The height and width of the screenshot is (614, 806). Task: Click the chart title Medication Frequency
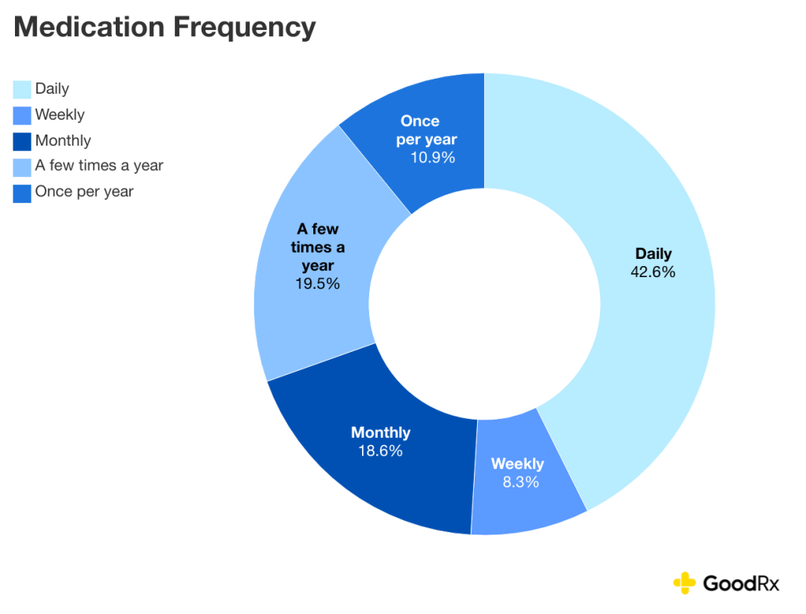click(x=165, y=28)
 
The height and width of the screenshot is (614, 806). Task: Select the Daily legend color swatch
click(x=22, y=89)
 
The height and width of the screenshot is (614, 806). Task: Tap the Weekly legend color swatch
click(x=22, y=115)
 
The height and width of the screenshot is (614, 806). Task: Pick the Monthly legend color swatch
click(x=22, y=141)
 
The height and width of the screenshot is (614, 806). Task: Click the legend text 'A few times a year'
click(x=99, y=165)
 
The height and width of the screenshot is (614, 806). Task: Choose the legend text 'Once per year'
click(x=84, y=191)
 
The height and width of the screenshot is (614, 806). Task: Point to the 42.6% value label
click(x=653, y=272)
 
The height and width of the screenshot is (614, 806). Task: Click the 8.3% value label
click(x=520, y=483)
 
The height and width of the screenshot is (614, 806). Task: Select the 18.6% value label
click(x=380, y=451)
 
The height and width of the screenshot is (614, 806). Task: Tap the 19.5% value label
click(x=317, y=284)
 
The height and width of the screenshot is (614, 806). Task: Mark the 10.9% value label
click(x=432, y=157)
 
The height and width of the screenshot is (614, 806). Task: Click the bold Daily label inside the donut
click(x=653, y=254)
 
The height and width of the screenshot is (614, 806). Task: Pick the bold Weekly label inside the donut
click(x=517, y=464)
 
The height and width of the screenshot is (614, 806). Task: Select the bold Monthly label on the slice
click(x=380, y=432)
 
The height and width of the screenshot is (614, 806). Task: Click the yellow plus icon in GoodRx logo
click(x=685, y=583)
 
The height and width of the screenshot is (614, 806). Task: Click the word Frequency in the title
click(x=244, y=28)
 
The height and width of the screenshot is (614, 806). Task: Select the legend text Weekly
click(x=60, y=115)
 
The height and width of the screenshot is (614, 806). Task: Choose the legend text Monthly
click(x=63, y=141)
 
